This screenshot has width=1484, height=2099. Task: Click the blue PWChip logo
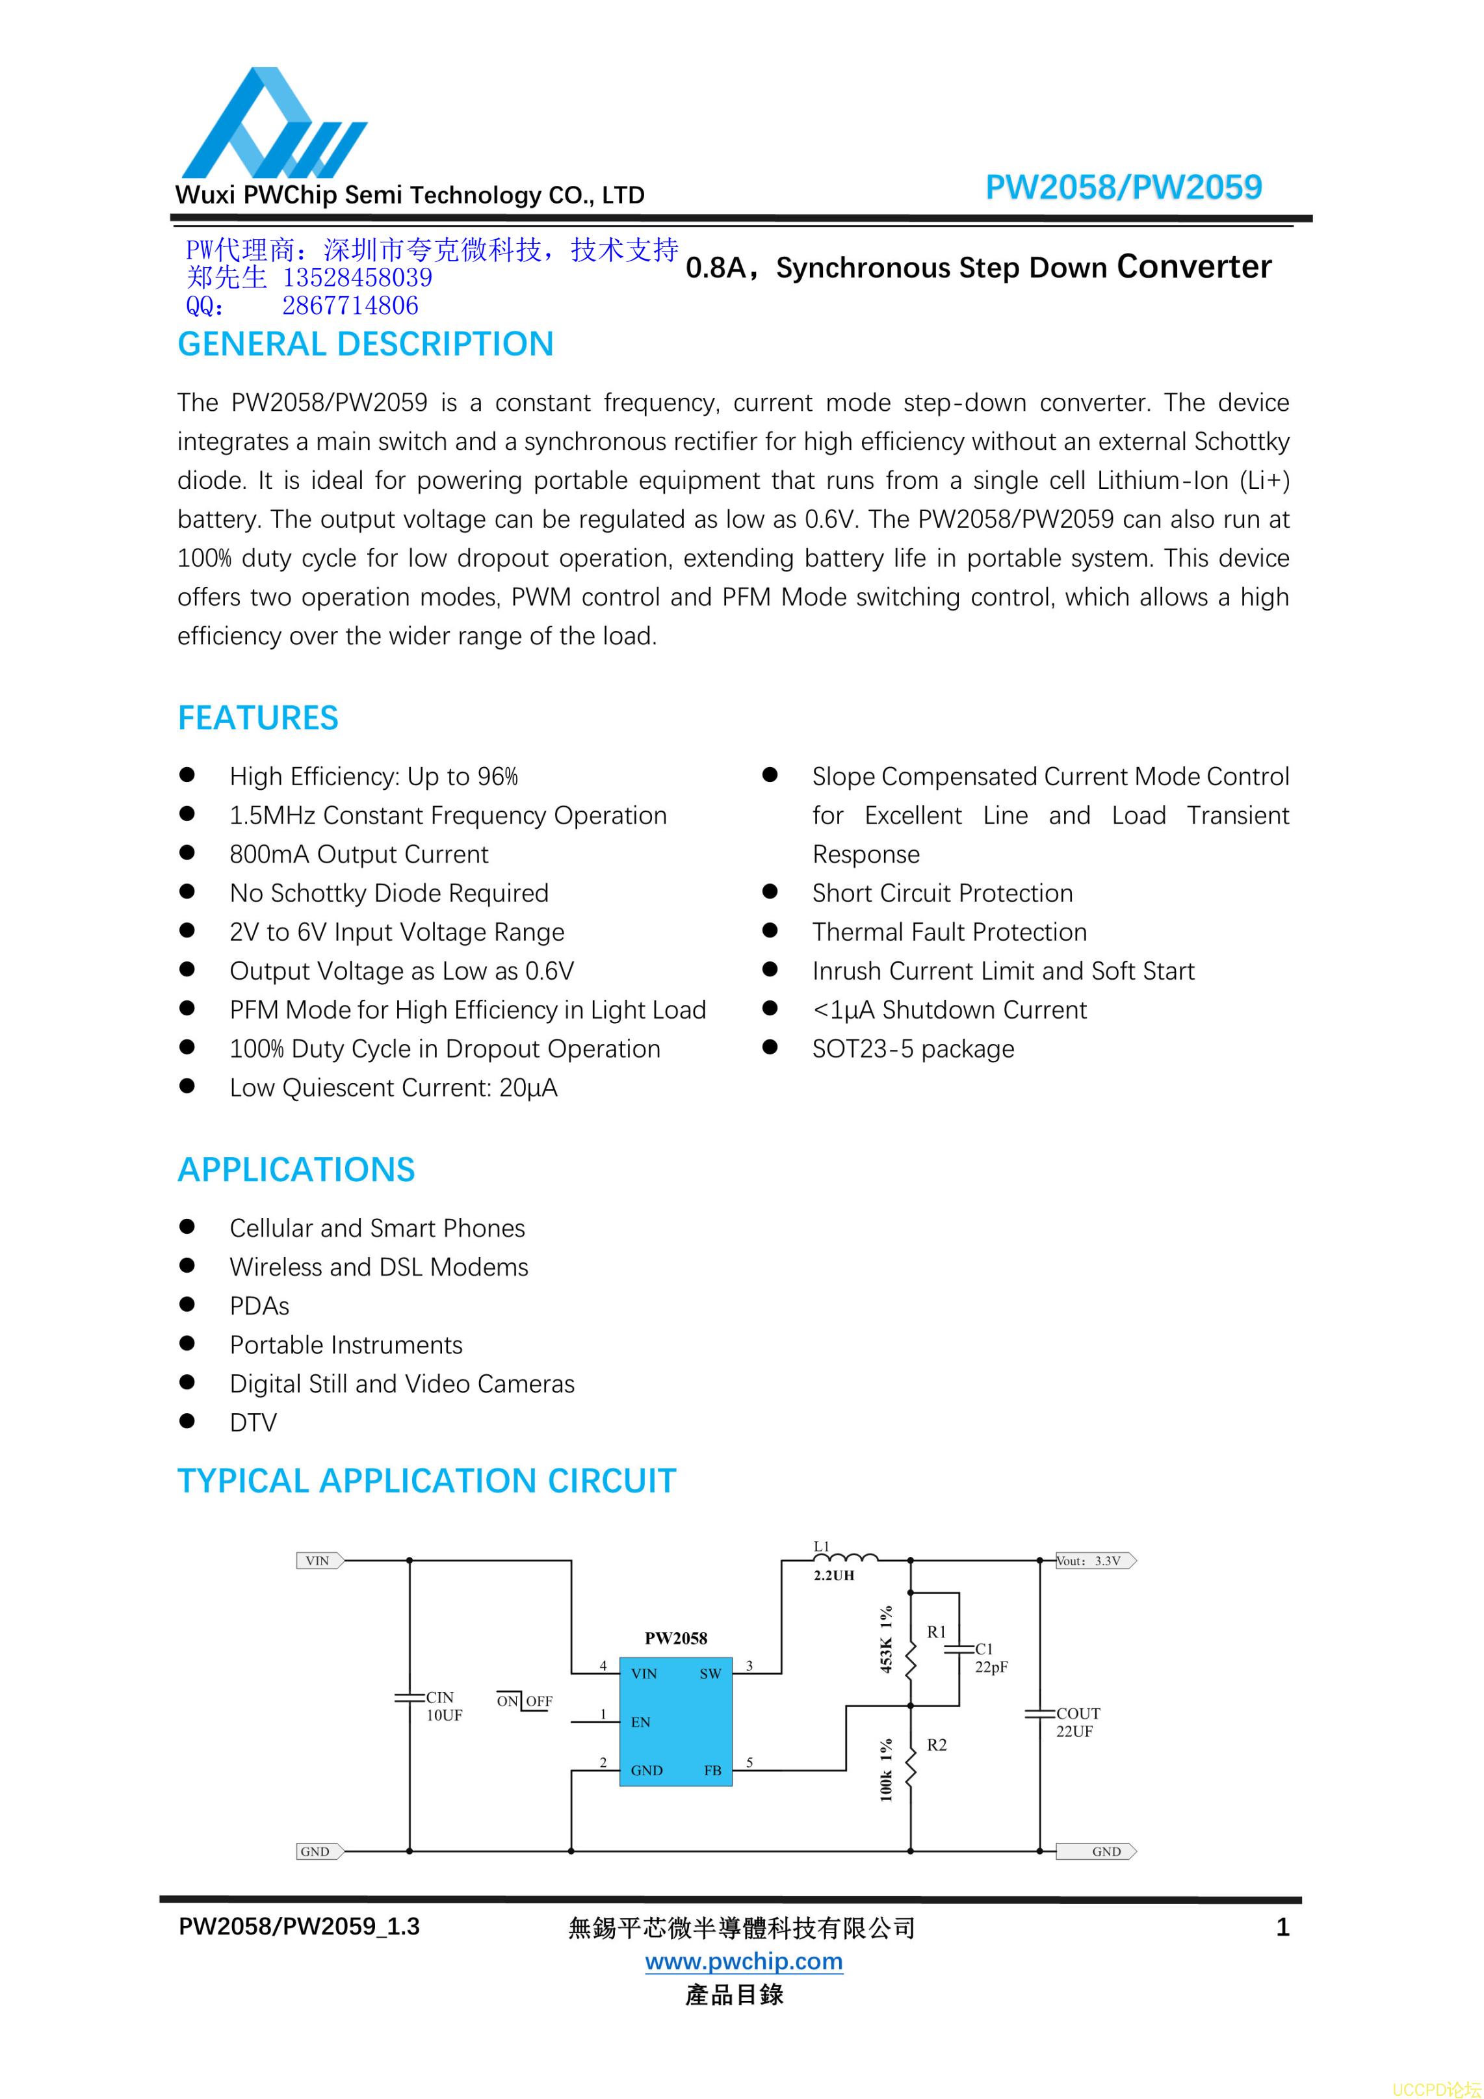tap(272, 124)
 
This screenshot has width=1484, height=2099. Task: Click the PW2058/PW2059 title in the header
tap(1123, 187)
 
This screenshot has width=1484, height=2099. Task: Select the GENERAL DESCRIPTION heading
tap(365, 344)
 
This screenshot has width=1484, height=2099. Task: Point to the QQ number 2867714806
tap(350, 306)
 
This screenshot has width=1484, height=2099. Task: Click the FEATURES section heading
tap(258, 718)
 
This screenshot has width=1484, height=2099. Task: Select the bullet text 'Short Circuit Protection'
tap(942, 893)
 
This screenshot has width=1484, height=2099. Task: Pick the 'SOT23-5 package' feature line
tap(913, 1049)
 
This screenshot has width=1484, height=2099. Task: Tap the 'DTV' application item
tap(252, 1422)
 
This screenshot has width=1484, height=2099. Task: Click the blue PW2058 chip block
tap(676, 1721)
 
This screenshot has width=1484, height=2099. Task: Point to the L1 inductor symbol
tap(845, 1558)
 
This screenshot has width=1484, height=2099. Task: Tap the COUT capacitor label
tap(1078, 1714)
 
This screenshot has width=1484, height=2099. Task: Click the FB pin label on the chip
tap(712, 1771)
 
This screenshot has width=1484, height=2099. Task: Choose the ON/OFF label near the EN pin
tap(524, 1701)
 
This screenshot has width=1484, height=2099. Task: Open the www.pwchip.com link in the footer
tap(744, 1961)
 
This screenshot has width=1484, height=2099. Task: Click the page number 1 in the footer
tap(1282, 1927)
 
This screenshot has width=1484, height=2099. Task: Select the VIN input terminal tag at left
tap(319, 1561)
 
